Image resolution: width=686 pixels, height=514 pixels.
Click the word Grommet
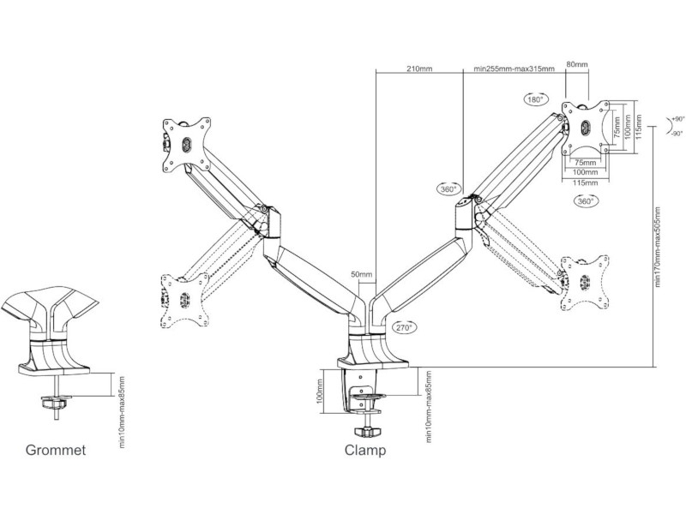tap(55, 450)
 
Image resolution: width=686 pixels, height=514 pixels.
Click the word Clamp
tap(365, 450)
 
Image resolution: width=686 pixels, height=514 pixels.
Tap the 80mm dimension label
tap(577, 64)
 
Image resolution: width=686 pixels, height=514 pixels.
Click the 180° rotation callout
tap(536, 100)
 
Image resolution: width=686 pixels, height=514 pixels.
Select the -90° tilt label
tap(677, 134)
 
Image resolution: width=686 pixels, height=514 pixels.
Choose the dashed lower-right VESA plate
tap(584, 280)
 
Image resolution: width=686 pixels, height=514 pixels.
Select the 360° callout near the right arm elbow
tap(448, 189)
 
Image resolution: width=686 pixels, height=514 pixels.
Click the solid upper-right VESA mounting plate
tap(587, 128)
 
